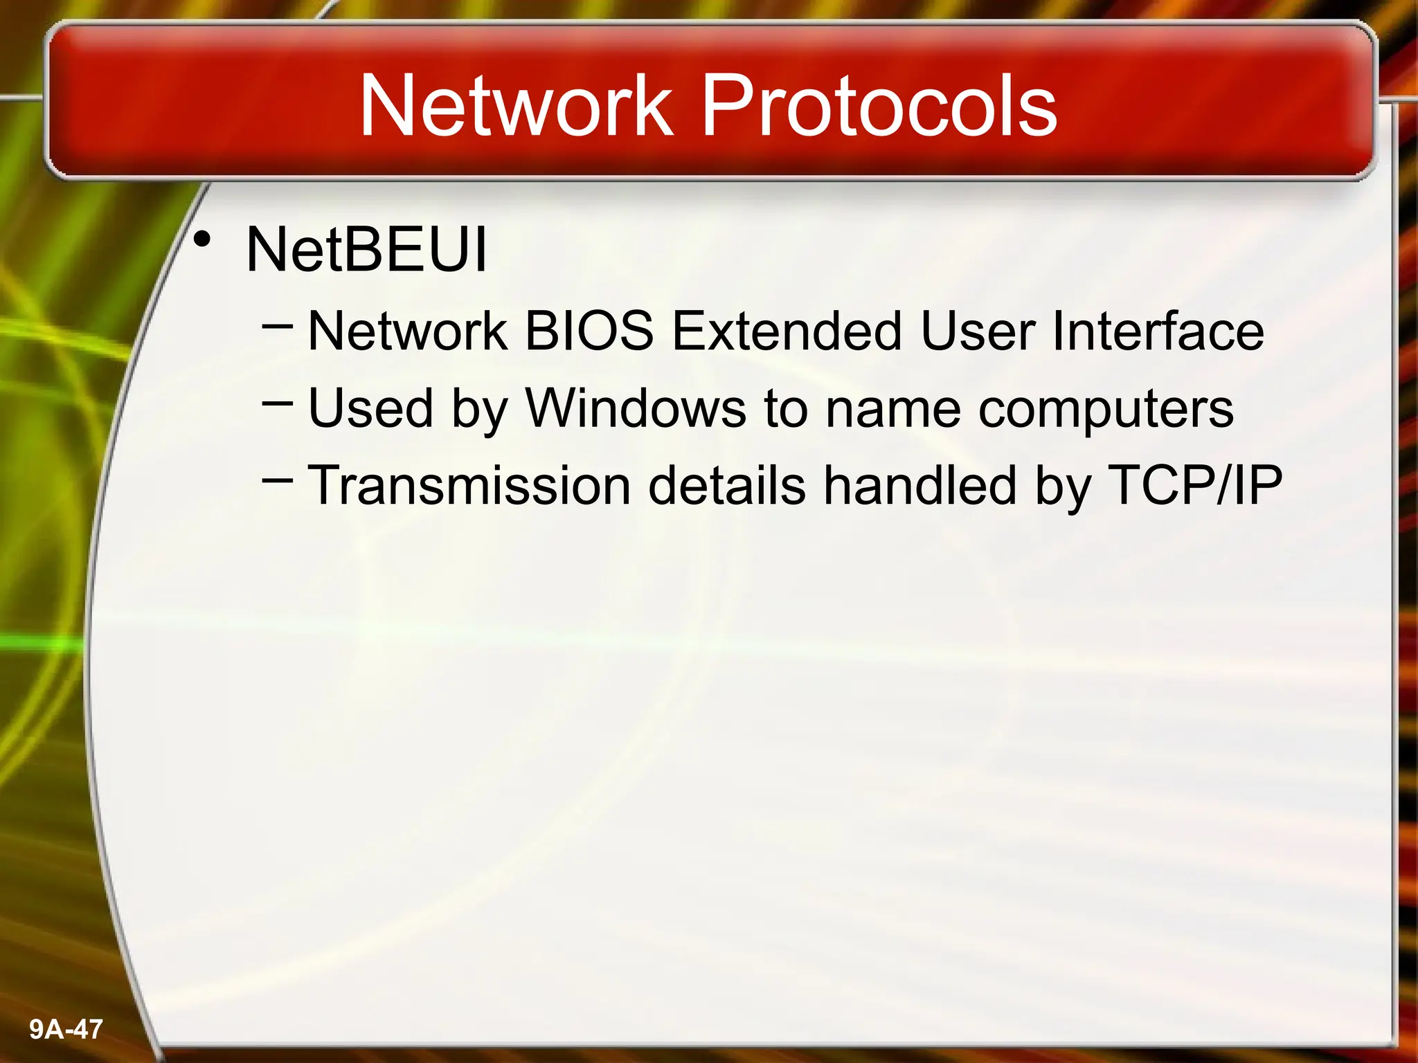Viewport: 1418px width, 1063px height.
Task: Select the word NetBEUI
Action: [366, 249]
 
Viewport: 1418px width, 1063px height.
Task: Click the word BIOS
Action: [589, 331]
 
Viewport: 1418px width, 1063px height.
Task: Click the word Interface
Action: [1158, 331]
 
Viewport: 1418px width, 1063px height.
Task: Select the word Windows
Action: [636, 408]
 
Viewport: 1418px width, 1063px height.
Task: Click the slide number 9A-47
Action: [66, 1029]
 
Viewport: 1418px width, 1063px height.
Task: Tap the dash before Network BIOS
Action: [278, 322]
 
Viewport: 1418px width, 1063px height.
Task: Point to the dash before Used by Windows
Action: [278, 400]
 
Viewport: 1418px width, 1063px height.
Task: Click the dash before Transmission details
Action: [278, 477]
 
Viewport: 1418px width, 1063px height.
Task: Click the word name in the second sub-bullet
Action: [893, 409]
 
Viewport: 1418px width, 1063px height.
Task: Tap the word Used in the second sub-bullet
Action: [370, 408]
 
